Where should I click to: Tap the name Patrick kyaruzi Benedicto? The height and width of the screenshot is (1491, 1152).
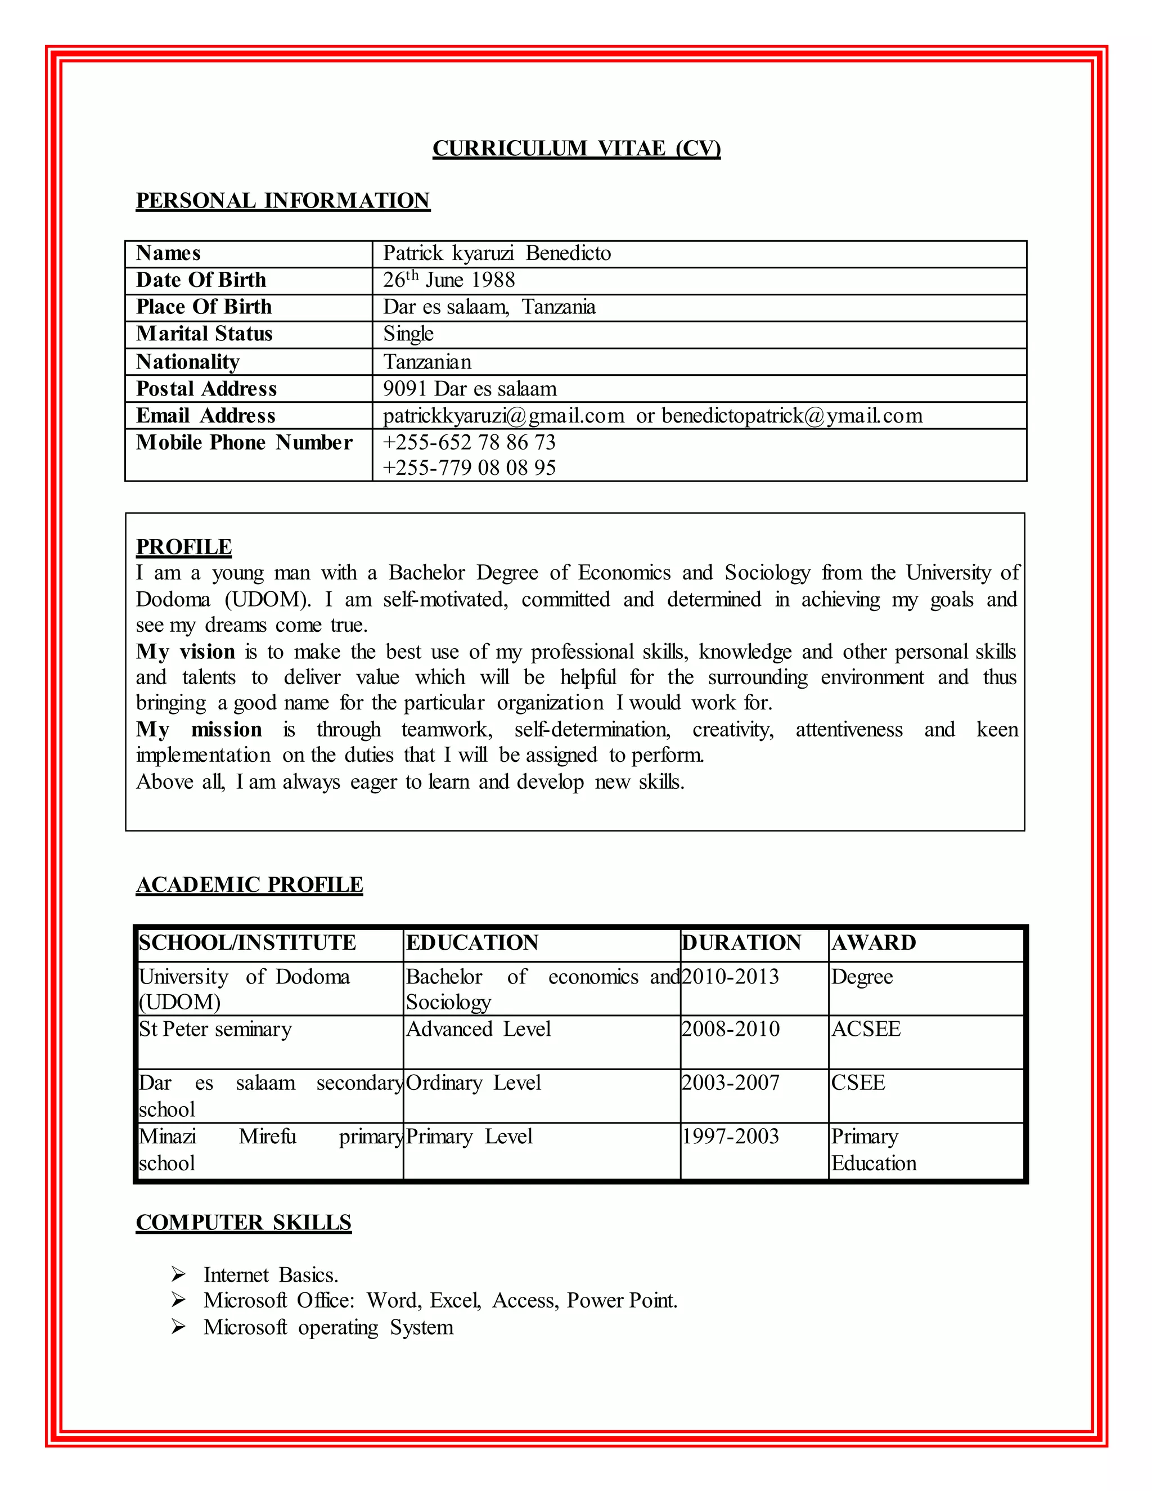point(496,253)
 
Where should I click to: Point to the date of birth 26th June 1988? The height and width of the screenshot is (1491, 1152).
point(448,280)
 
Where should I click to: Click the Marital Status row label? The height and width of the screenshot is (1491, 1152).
point(204,334)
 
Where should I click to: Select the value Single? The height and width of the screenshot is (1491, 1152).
point(408,334)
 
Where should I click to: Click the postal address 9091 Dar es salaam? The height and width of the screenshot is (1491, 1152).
point(470,388)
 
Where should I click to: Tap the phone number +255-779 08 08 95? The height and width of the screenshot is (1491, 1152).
point(469,468)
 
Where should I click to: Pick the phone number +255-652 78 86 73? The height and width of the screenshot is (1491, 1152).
point(469,442)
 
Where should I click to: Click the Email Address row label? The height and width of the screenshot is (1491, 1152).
point(205,416)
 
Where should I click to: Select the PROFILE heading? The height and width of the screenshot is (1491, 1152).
point(183,547)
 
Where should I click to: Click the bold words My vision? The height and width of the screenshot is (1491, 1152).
point(186,652)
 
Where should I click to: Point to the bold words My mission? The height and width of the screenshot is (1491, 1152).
point(199,729)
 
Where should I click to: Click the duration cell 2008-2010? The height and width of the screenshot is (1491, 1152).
point(730,1029)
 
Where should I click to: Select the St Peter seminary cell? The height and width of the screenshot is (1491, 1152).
point(215,1029)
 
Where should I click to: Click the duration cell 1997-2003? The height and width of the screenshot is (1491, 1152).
point(730,1137)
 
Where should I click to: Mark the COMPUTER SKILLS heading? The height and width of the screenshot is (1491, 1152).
point(243,1222)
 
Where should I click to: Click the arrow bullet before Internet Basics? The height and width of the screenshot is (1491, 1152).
point(178,1274)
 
